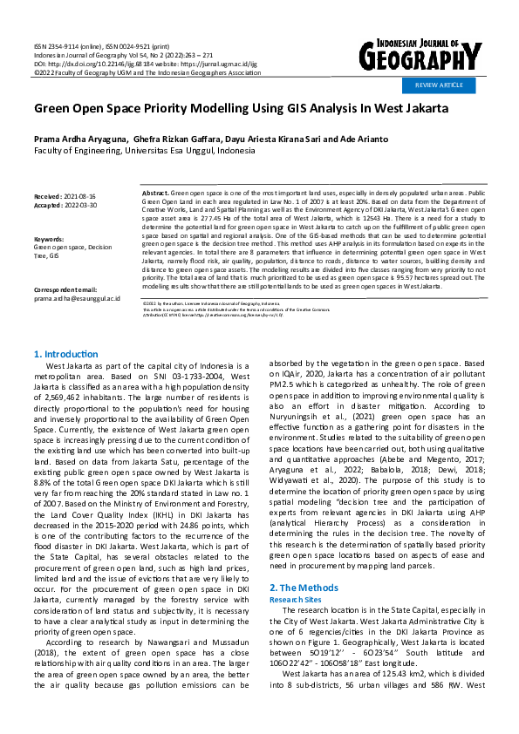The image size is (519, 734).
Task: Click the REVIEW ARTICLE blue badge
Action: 439,85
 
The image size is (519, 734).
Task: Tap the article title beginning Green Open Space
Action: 241,109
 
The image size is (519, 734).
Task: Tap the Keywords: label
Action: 49,238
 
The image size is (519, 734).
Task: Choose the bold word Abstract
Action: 155,191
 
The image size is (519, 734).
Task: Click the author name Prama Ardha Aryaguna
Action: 80,139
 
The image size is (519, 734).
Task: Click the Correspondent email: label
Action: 65,289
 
